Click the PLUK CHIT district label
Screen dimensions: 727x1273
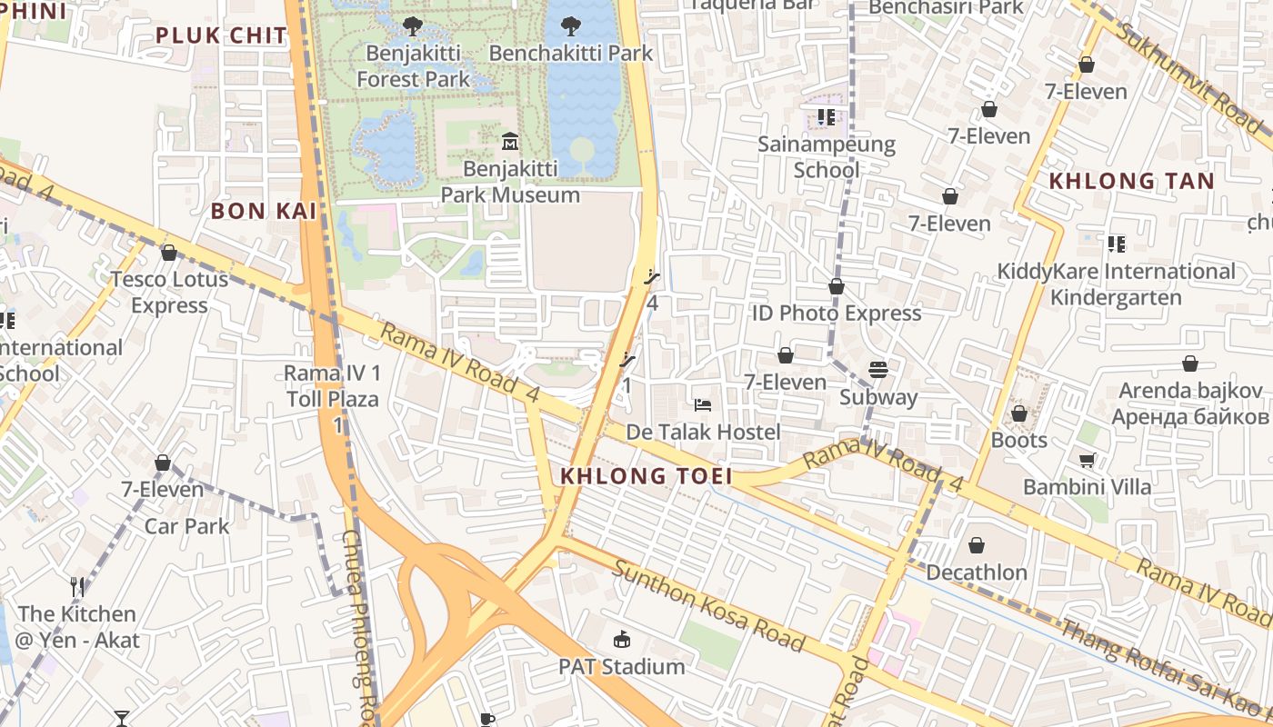coord(221,35)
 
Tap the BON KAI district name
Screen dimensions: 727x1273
coord(264,211)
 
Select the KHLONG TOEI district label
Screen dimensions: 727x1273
coord(647,476)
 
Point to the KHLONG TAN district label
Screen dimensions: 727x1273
coord(1132,181)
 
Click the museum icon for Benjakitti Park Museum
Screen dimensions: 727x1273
coord(509,142)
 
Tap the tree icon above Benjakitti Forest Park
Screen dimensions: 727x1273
coord(413,25)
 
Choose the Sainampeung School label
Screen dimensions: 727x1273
coord(827,156)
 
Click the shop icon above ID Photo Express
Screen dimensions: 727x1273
coord(837,287)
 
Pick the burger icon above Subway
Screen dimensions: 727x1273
coord(878,370)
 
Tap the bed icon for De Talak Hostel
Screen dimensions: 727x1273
coord(703,404)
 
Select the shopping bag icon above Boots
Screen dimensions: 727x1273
coord(1019,413)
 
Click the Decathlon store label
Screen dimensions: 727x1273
coord(977,573)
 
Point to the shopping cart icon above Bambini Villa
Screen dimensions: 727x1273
coord(1088,460)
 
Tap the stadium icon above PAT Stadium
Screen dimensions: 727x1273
coord(622,640)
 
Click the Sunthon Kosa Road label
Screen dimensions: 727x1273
coord(708,606)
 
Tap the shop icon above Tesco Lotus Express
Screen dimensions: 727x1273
coord(168,253)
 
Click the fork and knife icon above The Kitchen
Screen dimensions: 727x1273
coord(77,587)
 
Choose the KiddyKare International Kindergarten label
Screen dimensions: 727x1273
coord(1116,284)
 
